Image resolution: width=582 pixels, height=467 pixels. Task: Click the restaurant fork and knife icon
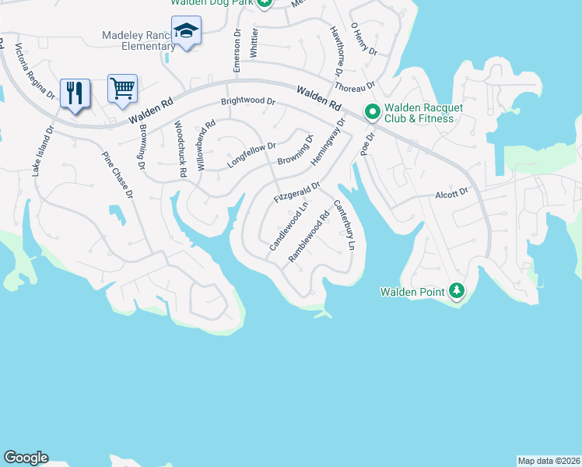click(75, 93)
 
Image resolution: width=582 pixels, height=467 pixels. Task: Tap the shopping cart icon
click(123, 88)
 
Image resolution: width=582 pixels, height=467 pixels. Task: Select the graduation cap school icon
click(186, 31)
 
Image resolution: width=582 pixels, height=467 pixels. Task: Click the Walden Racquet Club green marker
click(372, 112)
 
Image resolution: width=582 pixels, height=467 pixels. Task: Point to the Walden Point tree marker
click(456, 291)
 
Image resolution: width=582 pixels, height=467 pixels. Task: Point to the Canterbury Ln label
click(344, 226)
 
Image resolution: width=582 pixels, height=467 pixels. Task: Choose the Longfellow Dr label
click(251, 154)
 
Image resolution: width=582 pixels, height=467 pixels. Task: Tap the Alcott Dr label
click(452, 191)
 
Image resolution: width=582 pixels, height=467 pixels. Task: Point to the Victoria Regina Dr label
click(35, 72)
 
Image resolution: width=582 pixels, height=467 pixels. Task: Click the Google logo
click(26, 458)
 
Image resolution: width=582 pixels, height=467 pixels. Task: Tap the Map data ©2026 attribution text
click(549, 460)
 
